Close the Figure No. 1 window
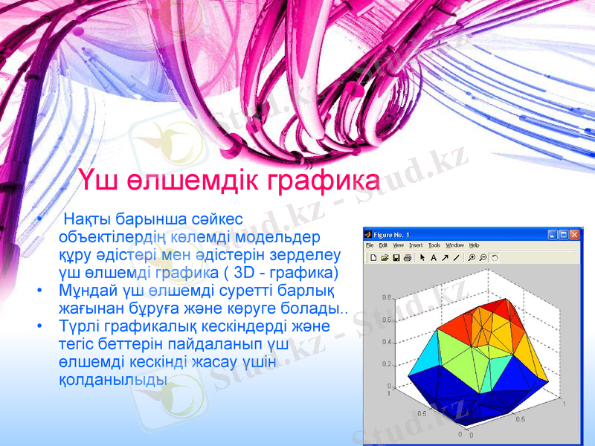point(574,235)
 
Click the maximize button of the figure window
point(563,235)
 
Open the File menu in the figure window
point(370,245)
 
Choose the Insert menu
point(415,245)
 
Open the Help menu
point(475,245)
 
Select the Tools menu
point(434,245)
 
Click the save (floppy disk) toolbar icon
point(396,258)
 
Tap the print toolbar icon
point(407,258)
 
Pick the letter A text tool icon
point(434,258)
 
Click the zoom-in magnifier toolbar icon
point(472,258)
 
